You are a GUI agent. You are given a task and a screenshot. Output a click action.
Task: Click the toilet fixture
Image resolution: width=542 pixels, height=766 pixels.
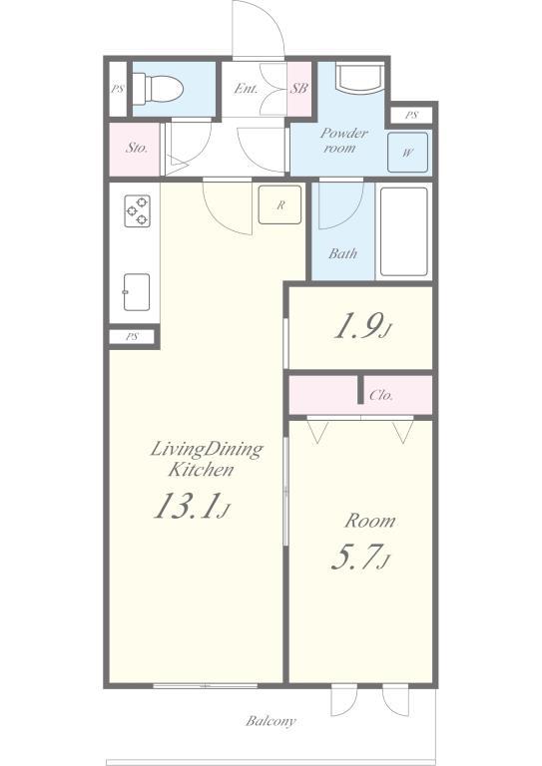[158, 89]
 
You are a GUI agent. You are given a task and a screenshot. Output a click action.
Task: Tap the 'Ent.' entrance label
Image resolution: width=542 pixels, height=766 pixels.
[246, 89]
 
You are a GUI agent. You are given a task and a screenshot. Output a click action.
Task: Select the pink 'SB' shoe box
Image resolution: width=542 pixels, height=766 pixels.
[299, 89]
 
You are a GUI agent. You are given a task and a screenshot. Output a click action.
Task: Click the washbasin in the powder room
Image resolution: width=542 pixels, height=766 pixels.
[359, 77]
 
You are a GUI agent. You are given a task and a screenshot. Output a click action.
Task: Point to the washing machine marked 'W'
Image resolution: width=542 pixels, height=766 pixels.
[407, 153]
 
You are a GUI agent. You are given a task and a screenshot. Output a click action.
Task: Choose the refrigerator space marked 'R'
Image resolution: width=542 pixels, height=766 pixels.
[280, 204]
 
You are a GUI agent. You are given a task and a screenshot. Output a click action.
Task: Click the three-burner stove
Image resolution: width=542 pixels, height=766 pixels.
[138, 211]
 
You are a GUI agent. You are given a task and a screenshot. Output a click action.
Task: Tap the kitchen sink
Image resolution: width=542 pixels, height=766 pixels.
[137, 292]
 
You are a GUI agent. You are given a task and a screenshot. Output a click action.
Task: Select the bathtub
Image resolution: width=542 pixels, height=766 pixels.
[403, 231]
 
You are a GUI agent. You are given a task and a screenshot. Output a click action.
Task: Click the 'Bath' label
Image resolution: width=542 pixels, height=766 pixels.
[342, 253]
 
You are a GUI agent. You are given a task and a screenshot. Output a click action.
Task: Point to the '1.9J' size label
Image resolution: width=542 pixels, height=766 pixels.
[362, 327]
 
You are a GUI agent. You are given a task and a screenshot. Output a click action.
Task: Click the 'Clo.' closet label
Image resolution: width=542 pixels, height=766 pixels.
[381, 395]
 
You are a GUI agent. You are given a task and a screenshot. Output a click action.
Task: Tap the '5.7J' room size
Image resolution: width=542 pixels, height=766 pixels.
[361, 558]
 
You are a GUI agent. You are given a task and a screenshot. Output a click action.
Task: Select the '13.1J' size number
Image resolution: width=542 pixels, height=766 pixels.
[192, 506]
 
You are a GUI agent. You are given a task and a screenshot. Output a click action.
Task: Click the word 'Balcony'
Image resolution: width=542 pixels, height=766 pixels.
[271, 721]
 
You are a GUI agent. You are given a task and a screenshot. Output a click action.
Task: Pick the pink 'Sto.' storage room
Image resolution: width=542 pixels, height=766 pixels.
[135, 149]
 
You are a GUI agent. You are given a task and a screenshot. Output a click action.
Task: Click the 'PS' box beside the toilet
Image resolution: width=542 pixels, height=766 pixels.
[118, 90]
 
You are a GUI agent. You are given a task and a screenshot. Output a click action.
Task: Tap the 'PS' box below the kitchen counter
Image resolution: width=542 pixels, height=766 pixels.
[132, 336]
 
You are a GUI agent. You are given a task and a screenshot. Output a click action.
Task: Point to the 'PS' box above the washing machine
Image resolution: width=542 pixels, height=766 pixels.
[411, 116]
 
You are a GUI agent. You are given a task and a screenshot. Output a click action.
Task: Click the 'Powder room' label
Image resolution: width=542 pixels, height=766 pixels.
[343, 141]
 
